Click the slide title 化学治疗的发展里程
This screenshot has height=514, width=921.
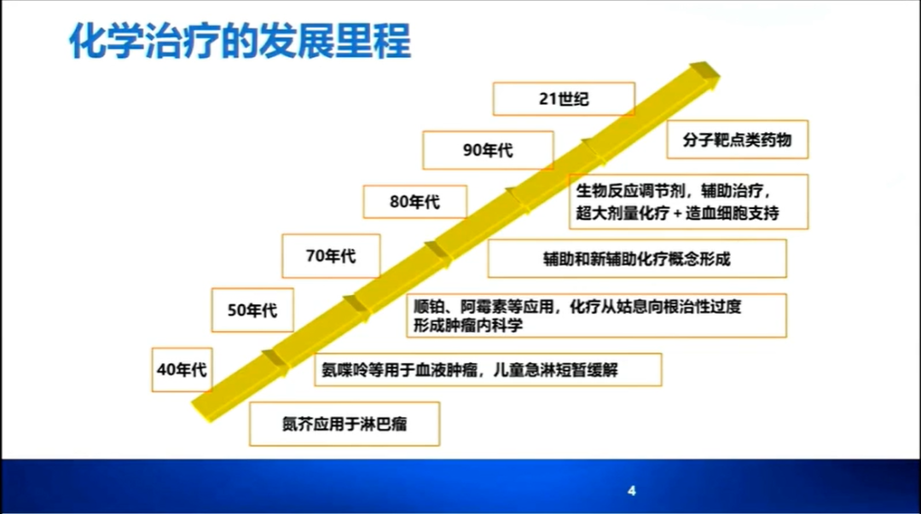tap(240, 41)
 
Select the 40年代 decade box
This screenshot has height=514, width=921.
tap(182, 369)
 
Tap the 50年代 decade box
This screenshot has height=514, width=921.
tap(252, 310)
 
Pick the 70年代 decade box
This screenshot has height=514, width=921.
tap(331, 256)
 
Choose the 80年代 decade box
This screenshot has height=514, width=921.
tap(414, 202)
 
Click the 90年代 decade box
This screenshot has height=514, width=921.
tap(488, 150)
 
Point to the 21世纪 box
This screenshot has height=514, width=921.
tap(564, 99)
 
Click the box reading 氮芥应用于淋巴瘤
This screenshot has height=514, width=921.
tap(345, 424)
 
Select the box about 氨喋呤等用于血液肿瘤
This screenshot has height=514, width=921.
tap(488, 369)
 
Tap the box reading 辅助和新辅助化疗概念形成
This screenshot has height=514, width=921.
tap(637, 258)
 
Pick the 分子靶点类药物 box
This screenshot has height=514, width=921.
tap(737, 140)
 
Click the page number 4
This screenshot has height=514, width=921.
tap(631, 490)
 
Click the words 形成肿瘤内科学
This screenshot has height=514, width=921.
tap(468, 326)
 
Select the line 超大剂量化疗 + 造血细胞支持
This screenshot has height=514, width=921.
tap(678, 212)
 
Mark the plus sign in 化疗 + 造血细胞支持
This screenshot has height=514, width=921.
tap(677, 213)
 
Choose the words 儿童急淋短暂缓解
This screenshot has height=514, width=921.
tap(555, 369)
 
